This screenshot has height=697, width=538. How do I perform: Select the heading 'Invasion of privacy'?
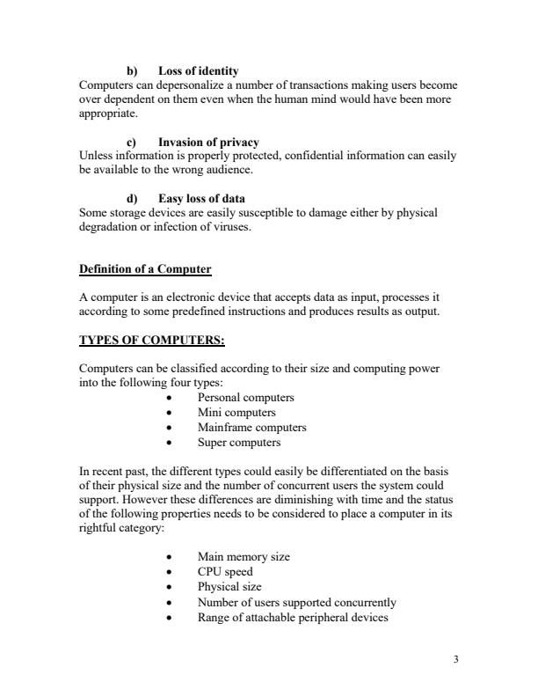(x=208, y=142)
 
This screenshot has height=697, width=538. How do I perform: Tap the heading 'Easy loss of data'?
(x=201, y=199)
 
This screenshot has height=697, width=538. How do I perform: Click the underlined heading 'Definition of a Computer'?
(x=145, y=268)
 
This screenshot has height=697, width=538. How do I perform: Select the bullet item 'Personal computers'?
(x=245, y=397)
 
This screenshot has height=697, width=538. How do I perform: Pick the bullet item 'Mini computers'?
(x=236, y=412)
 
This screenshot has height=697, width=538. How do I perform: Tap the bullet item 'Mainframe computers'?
(x=251, y=427)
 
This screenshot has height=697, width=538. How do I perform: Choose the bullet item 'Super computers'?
(x=239, y=442)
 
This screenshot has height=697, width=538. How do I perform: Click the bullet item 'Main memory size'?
(x=244, y=557)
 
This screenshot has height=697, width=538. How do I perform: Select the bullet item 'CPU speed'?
(x=225, y=572)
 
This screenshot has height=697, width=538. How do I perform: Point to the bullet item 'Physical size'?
(x=229, y=587)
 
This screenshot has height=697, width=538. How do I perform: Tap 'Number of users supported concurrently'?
(x=296, y=602)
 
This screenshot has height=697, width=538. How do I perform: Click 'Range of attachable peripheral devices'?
(x=293, y=617)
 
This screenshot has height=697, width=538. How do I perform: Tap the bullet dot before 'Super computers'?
(x=168, y=443)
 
